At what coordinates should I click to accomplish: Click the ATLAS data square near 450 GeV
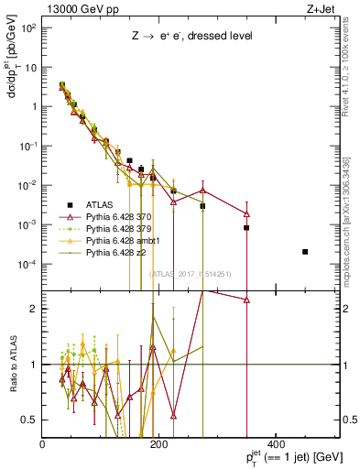tap(305, 252)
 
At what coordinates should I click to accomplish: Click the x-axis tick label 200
tap(158, 444)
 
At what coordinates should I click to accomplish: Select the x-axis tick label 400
tap(274, 444)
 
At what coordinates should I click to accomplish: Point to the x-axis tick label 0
tap(43, 444)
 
